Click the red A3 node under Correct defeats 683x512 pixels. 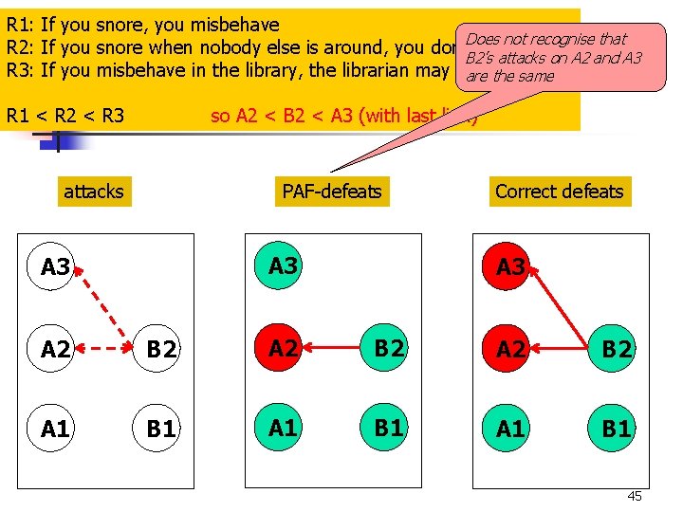click(510, 266)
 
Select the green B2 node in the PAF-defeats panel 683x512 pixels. click(389, 348)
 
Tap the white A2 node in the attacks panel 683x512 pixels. click(56, 349)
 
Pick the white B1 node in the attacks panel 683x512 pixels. click(161, 429)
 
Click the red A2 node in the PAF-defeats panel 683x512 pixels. click(283, 348)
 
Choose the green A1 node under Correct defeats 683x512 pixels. click(510, 429)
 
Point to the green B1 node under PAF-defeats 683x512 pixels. click(389, 428)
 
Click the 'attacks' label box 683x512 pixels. click(93, 192)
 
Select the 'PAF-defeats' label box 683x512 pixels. click(332, 192)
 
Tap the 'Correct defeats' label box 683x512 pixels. click(559, 192)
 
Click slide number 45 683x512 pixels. click(635, 497)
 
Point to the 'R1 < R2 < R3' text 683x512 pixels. click(65, 116)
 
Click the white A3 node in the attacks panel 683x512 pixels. click(56, 267)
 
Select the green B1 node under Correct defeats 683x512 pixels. click(617, 429)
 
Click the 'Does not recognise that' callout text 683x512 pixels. click(546, 39)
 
